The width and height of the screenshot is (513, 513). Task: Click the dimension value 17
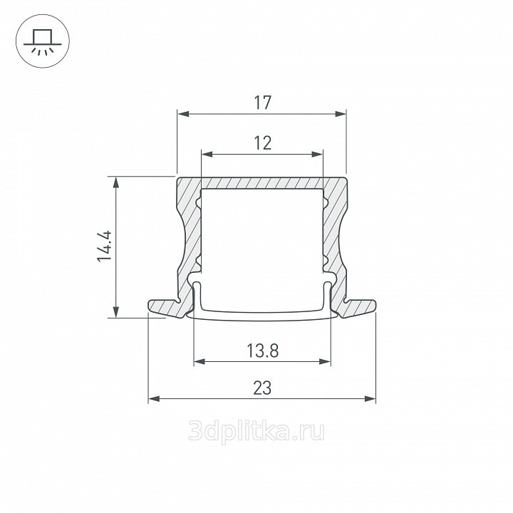pos(263,103)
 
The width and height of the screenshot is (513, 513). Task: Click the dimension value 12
pos(263,143)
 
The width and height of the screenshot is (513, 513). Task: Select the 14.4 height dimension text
pos(105,247)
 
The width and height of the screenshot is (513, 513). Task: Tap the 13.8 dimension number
pos(262,351)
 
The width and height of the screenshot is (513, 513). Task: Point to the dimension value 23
pos(262,388)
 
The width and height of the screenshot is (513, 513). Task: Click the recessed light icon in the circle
pos(43,41)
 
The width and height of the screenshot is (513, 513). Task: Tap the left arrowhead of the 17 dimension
pos(183,114)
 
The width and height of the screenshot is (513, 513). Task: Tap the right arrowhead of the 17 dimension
pos(341,114)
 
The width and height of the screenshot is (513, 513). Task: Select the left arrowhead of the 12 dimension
pos(207,154)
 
